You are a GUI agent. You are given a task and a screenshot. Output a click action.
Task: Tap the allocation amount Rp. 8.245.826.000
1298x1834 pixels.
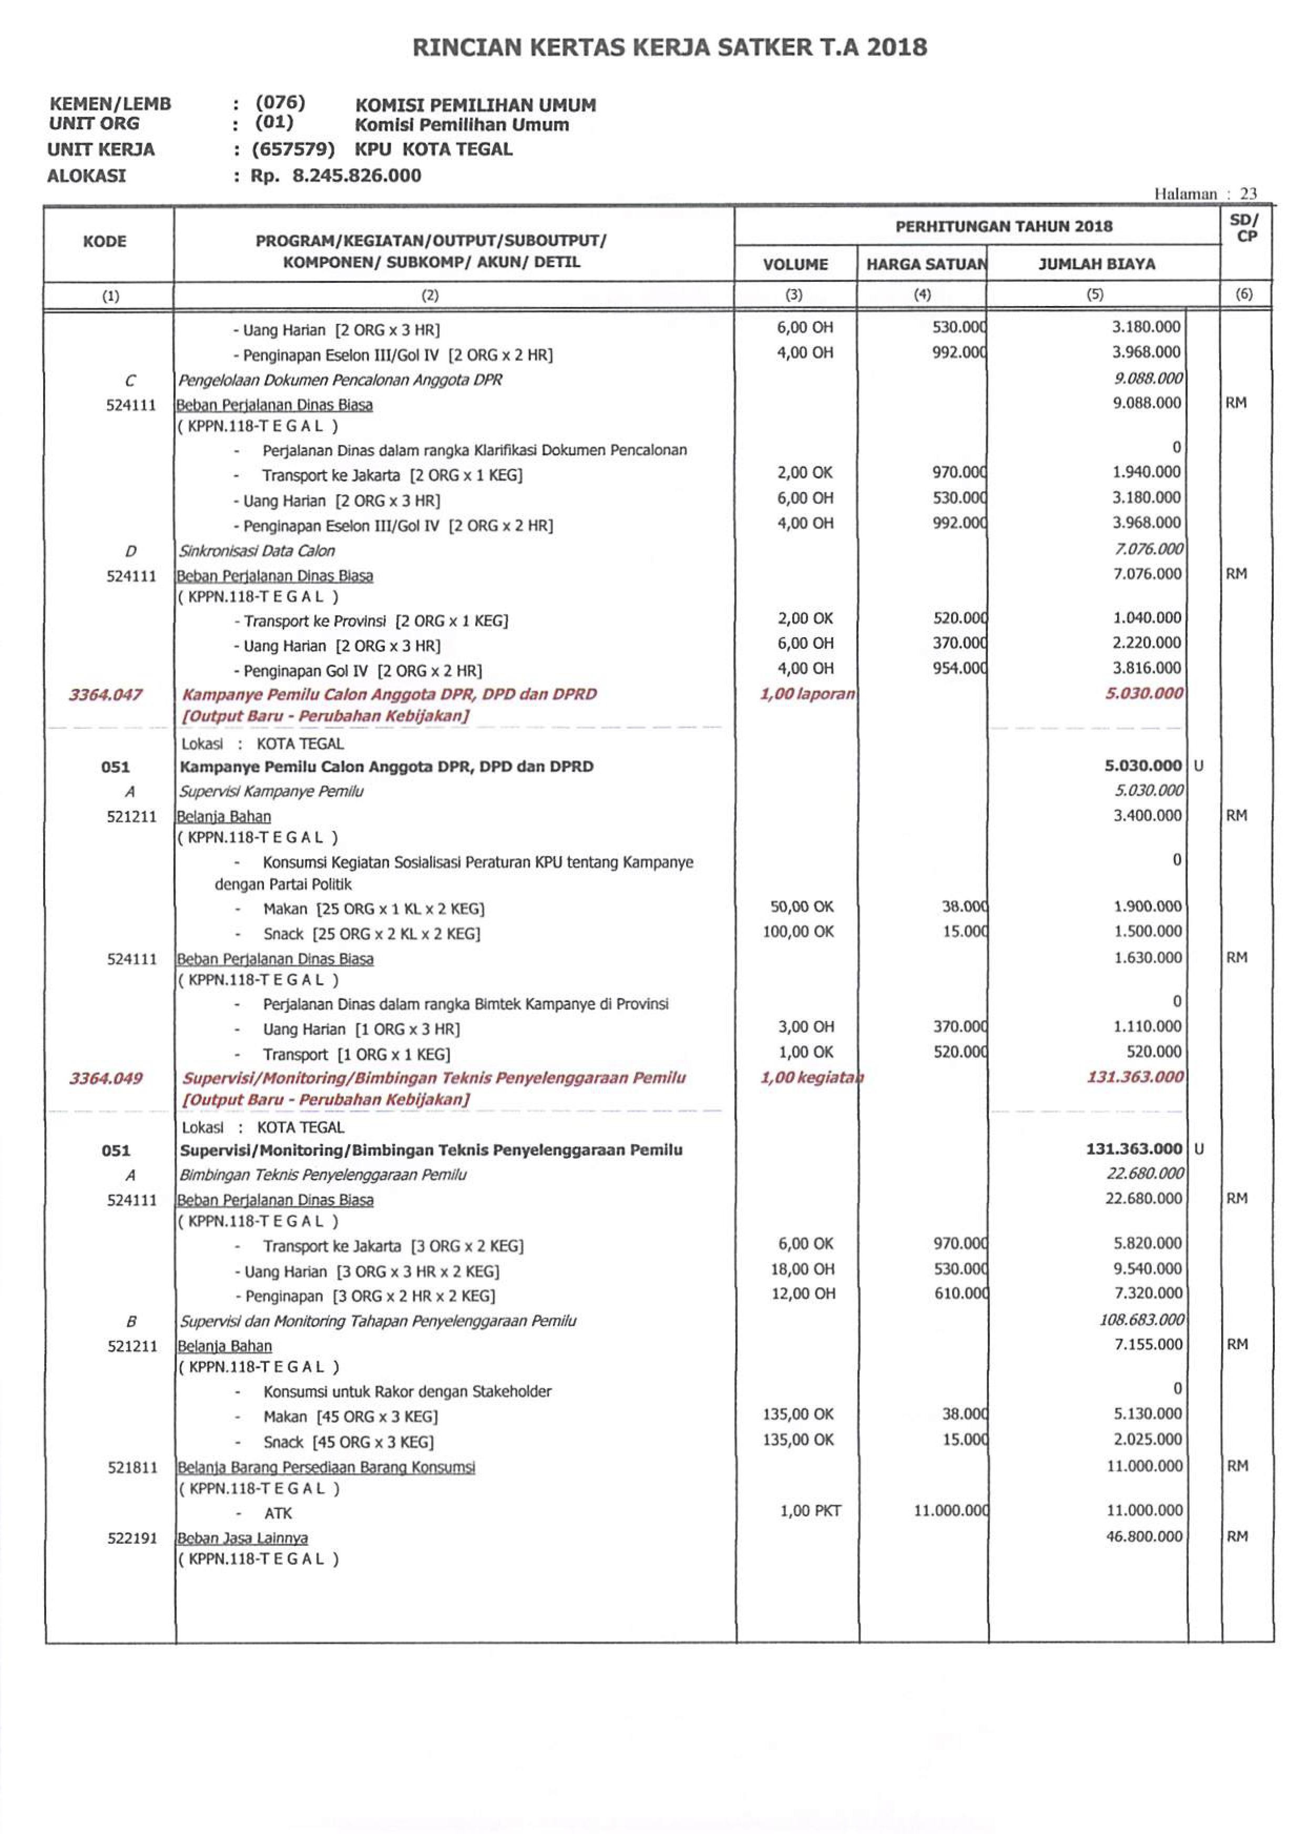336,176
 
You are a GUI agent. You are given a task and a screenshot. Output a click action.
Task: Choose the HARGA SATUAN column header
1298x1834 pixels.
926,264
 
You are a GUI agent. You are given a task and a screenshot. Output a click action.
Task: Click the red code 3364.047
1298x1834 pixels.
106,694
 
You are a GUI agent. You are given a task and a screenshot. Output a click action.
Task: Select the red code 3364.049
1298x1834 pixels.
106,1078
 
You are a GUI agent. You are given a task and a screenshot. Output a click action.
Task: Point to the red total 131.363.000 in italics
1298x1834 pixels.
1135,1077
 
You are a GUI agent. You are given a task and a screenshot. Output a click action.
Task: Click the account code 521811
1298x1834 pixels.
132,1467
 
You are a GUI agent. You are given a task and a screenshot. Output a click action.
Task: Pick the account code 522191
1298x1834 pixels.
132,1538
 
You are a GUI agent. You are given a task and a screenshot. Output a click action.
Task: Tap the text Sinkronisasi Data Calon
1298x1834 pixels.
257,551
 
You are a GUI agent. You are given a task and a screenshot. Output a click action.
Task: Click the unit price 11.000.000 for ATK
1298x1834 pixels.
951,1510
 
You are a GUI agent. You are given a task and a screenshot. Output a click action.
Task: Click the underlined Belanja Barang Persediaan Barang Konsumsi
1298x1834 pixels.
326,1467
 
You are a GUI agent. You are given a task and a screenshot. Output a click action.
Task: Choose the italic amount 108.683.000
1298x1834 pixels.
1141,1319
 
